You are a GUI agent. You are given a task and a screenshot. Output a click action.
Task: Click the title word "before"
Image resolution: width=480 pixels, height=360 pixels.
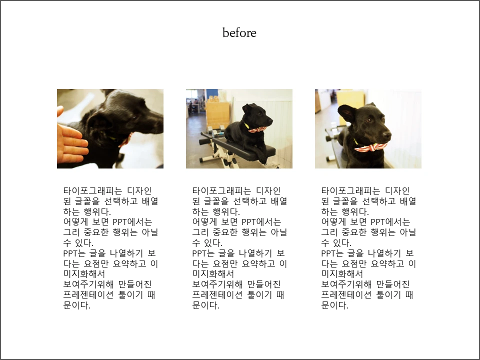tap(239, 33)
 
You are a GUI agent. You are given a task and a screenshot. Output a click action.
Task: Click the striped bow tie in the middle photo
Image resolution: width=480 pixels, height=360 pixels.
tap(257, 129)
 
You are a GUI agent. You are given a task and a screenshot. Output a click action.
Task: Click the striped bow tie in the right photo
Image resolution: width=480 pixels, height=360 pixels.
tap(370, 147)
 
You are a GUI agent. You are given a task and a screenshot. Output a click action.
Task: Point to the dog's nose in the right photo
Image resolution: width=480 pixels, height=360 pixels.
tap(387, 134)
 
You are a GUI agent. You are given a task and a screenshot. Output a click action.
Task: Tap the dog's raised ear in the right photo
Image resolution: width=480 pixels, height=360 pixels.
tap(347, 113)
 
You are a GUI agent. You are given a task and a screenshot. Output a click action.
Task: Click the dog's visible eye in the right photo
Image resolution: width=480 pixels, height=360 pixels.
tap(369, 120)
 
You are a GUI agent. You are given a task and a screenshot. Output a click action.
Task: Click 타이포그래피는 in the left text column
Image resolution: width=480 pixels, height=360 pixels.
tap(93, 190)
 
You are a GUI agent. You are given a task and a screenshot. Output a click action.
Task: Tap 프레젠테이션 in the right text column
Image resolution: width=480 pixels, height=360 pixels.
tap(346, 295)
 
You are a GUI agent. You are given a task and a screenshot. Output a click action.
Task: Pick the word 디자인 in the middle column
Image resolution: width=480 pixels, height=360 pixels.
tap(268, 190)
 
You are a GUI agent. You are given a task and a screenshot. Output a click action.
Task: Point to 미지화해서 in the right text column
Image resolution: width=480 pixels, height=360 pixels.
tap(342, 274)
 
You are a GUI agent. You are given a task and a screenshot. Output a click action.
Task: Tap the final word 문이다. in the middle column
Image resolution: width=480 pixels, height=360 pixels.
tap(205, 305)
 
